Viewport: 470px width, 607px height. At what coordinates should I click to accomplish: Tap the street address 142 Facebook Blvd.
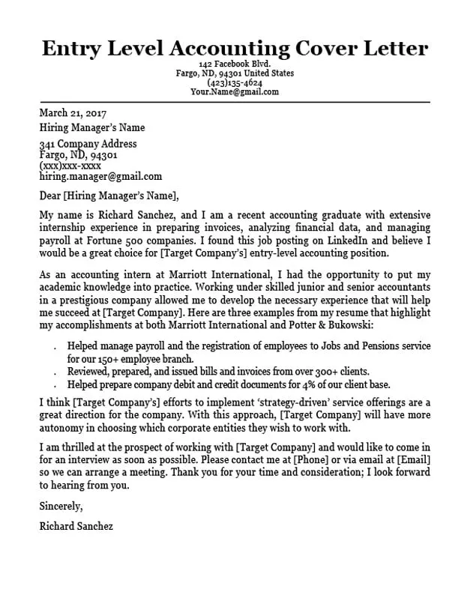pyautogui.click(x=234, y=65)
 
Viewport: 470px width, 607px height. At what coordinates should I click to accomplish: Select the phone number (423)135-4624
pyautogui.click(x=234, y=83)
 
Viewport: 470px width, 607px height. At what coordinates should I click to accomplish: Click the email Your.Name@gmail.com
pyautogui.click(x=234, y=92)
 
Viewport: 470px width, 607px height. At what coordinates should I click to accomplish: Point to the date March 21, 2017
pyautogui.click(x=73, y=113)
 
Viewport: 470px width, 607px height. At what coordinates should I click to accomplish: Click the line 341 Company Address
pyautogui.click(x=88, y=144)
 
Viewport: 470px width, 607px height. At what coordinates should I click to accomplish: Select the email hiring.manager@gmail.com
pyautogui.click(x=100, y=177)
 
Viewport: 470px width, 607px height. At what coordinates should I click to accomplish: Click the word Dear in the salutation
pyautogui.click(x=50, y=197)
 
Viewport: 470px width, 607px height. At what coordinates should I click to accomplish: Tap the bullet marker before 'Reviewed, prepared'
pyautogui.click(x=56, y=372)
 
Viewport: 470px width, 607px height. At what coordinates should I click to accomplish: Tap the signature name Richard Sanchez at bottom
pyautogui.click(x=76, y=526)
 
